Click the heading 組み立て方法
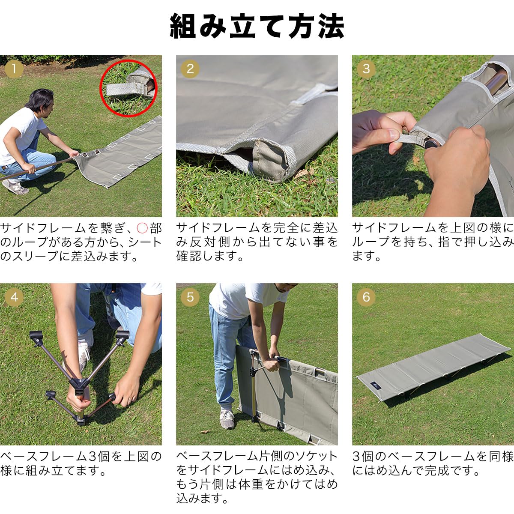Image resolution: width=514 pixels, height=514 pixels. (257, 27)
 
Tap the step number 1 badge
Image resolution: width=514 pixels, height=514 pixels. (14, 69)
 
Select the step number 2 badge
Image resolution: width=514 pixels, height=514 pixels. (190, 69)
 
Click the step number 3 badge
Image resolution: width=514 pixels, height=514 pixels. (366, 69)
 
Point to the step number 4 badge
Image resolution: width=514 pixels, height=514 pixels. (14, 297)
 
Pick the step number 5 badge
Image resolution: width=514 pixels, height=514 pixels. (190, 297)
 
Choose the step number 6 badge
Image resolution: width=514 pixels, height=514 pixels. (366, 297)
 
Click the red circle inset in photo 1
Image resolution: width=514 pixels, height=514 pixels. (128, 88)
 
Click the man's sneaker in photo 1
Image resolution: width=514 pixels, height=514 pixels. (15, 187)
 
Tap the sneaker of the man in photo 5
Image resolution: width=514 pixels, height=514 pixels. (227, 418)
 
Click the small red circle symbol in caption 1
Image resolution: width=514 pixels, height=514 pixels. (142, 228)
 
